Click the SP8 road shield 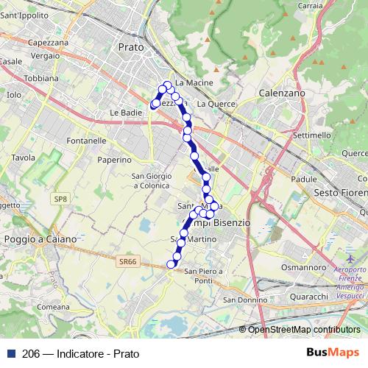60,199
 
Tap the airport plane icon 348,261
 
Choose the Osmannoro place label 302,268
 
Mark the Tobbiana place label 41,77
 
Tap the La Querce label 216,104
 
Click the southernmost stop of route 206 171,265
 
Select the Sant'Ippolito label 26,15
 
